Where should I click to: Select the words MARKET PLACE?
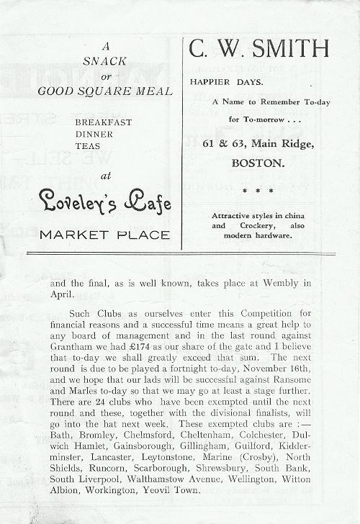(x=105, y=235)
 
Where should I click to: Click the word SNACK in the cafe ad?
(x=105, y=63)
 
